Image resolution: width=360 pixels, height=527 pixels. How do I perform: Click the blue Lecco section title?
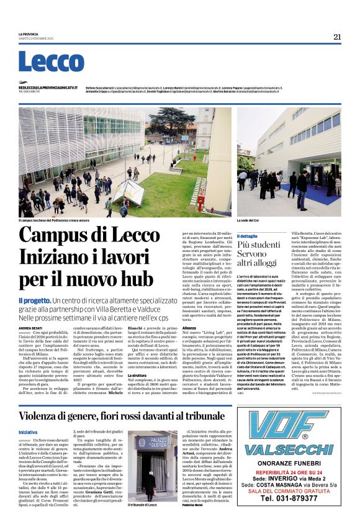[42, 61]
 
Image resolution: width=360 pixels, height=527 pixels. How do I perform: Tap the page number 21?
[337, 37]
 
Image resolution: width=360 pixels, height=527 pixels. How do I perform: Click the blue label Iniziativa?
[28, 415]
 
